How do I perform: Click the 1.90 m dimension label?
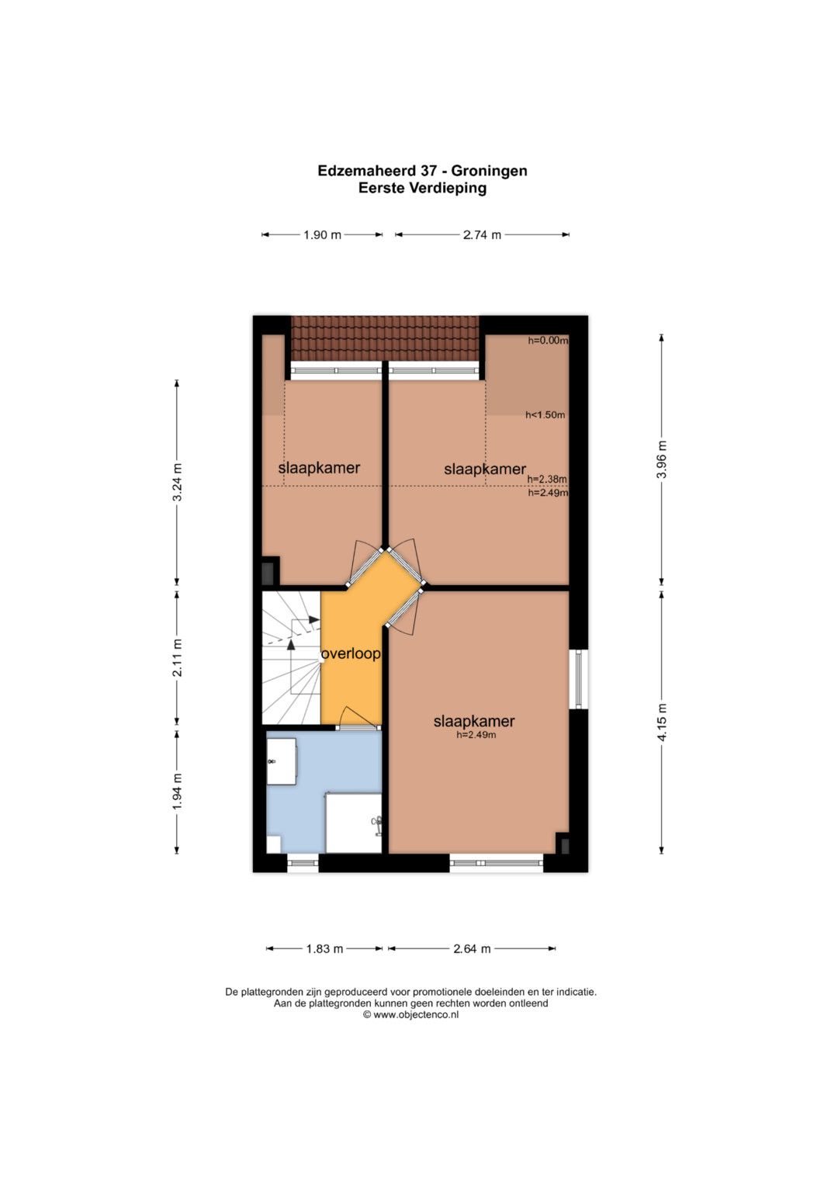322,235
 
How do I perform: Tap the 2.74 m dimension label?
481,235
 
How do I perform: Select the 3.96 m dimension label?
661,459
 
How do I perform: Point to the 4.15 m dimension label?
661,722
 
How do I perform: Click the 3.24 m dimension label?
177,482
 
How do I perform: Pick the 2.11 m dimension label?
177,657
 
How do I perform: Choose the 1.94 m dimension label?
177,792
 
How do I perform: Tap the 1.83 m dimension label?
325,949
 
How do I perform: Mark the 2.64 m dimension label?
472,949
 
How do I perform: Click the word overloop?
351,654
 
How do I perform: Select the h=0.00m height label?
548,341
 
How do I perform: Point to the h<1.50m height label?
545,414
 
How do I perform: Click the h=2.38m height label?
548,480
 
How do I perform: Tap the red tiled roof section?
385,338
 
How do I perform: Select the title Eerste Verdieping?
422,189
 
